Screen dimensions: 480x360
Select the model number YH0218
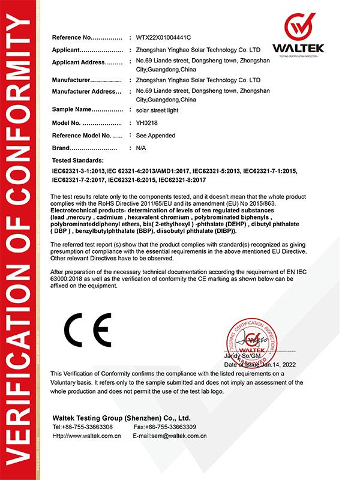(148, 123)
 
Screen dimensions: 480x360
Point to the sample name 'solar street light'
(157, 110)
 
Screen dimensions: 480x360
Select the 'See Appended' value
(156, 136)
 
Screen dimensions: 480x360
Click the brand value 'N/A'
(142, 148)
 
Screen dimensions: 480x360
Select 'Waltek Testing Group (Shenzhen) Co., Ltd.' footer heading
(121, 417)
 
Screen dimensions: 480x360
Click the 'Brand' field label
(61, 148)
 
